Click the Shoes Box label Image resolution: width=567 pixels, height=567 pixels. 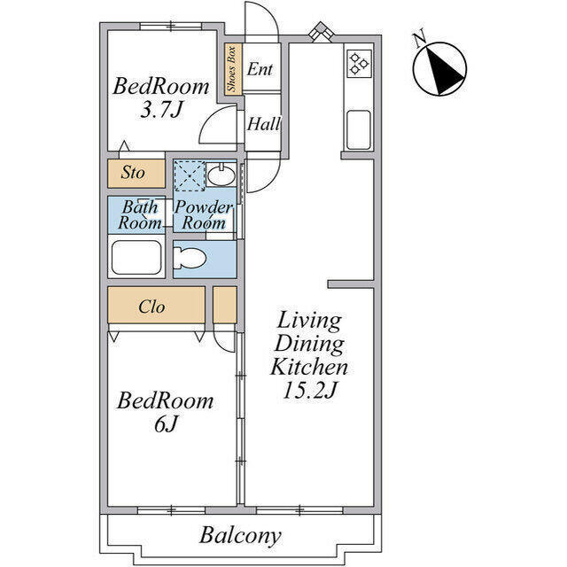[x=231, y=69]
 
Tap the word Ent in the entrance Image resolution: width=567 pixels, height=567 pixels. [x=260, y=69]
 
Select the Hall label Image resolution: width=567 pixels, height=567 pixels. [x=264, y=124]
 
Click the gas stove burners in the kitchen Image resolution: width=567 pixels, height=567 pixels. [x=359, y=64]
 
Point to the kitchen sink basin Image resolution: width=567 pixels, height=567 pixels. [x=358, y=130]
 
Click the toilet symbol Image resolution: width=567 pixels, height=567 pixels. [x=190, y=258]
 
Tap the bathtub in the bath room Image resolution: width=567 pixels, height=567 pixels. [x=136, y=257]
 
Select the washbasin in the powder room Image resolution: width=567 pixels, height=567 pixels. [x=221, y=175]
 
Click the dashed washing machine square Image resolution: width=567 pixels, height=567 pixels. [x=190, y=175]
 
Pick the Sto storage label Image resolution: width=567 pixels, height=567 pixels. [x=133, y=173]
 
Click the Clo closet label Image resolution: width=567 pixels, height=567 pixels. [x=151, y=307]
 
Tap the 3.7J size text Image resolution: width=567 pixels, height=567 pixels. [x=161, y=110]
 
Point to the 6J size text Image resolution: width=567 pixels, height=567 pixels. [x=166, y=423]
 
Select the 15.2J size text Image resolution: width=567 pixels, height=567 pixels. [x=310, y=391]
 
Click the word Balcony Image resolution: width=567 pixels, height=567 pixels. [x=240, y=536]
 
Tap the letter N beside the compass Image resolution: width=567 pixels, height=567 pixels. [x=420, y=40]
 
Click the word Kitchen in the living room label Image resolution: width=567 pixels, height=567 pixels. [x=309, y=367]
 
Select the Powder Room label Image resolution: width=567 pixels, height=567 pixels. [x=204, y=215]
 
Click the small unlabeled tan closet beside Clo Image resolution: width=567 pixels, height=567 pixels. [x=225, y=305]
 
